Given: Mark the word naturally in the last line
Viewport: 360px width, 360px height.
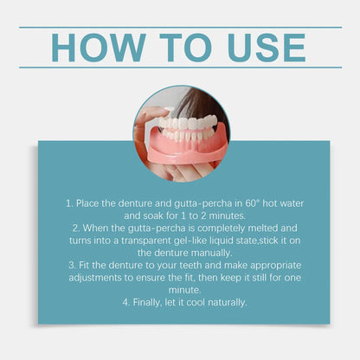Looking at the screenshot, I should point(222,302).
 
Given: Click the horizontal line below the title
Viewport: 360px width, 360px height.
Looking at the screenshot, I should point(180,67).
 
